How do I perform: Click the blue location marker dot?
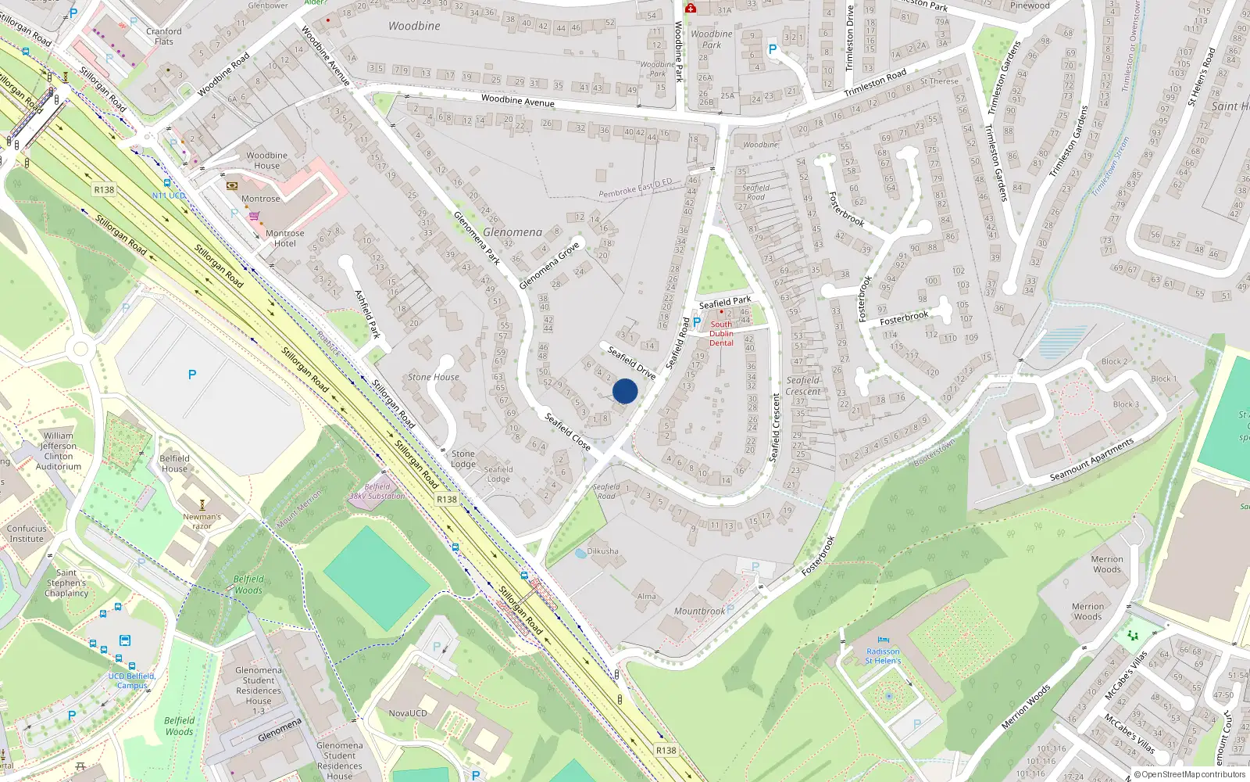click(625, 391)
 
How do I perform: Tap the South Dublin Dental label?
click(721, 334)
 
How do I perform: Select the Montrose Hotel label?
click(284, 239)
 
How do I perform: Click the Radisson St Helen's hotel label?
click(883, 656)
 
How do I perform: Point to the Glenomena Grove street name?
click(549, 265)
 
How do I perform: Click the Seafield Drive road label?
click(631, 363)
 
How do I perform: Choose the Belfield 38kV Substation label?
click(377, 491)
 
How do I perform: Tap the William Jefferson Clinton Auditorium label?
click(58, 451)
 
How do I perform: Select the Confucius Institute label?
click(27, 533)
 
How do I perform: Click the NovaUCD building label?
click(408, 713)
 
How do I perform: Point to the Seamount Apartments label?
click(1091, 460)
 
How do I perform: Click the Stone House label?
click(434, 377)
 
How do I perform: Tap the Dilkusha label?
click(602, 551)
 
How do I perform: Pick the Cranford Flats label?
click(164, 37)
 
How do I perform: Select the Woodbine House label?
click(266, 160)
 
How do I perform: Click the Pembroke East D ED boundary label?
click(635, 188)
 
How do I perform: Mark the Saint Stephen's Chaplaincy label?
click(66, 583)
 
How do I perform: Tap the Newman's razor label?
click(202, 521)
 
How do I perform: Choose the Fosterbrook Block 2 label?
click(1114, 361)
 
